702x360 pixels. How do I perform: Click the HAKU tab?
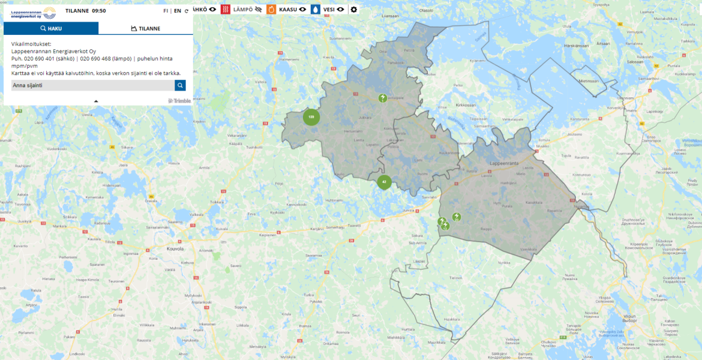[51, 28]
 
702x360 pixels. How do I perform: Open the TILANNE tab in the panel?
[145, 28]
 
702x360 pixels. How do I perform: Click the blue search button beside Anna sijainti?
[180, 85]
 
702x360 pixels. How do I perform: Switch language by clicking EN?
[178, 11]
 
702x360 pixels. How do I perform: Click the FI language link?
[166, 11]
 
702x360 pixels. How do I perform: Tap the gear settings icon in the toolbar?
[353, 10]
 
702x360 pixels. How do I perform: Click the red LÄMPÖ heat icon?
[226, 10]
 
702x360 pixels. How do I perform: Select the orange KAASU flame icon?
[271, 10]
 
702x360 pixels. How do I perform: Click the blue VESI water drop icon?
[316, 10]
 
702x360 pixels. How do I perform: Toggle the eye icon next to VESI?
[340, 10]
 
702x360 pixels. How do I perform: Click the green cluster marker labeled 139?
[311, 117]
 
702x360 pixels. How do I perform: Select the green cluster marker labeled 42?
[385, 182]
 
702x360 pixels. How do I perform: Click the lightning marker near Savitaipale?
[382, 98]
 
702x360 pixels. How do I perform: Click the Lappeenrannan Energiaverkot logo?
[33, 11]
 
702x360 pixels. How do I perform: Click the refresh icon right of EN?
[187, 11]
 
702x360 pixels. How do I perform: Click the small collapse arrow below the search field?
[96, 101]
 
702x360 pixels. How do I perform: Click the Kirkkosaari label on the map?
[465, 104]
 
